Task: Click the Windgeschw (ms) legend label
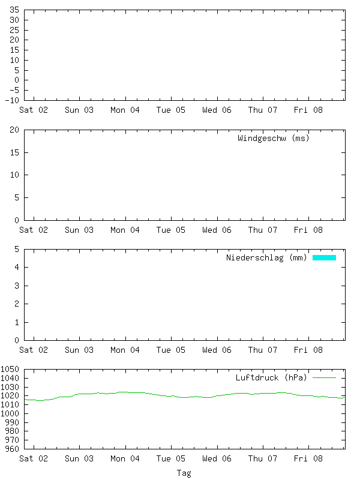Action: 273,139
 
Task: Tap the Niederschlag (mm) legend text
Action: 266,258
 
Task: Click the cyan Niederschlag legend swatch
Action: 324,258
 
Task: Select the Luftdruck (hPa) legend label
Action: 271,378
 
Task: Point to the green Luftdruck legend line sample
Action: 324,378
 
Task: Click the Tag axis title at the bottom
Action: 184,473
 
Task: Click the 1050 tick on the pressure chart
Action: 10,370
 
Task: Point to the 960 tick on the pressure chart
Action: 13,448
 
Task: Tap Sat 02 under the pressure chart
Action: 34,458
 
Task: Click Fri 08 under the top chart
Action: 309,110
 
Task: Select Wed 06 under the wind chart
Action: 217,230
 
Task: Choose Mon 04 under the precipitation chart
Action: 125,350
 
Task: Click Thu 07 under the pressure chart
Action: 263,458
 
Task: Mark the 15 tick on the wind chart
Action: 15,153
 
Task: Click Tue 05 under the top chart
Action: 171,110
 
